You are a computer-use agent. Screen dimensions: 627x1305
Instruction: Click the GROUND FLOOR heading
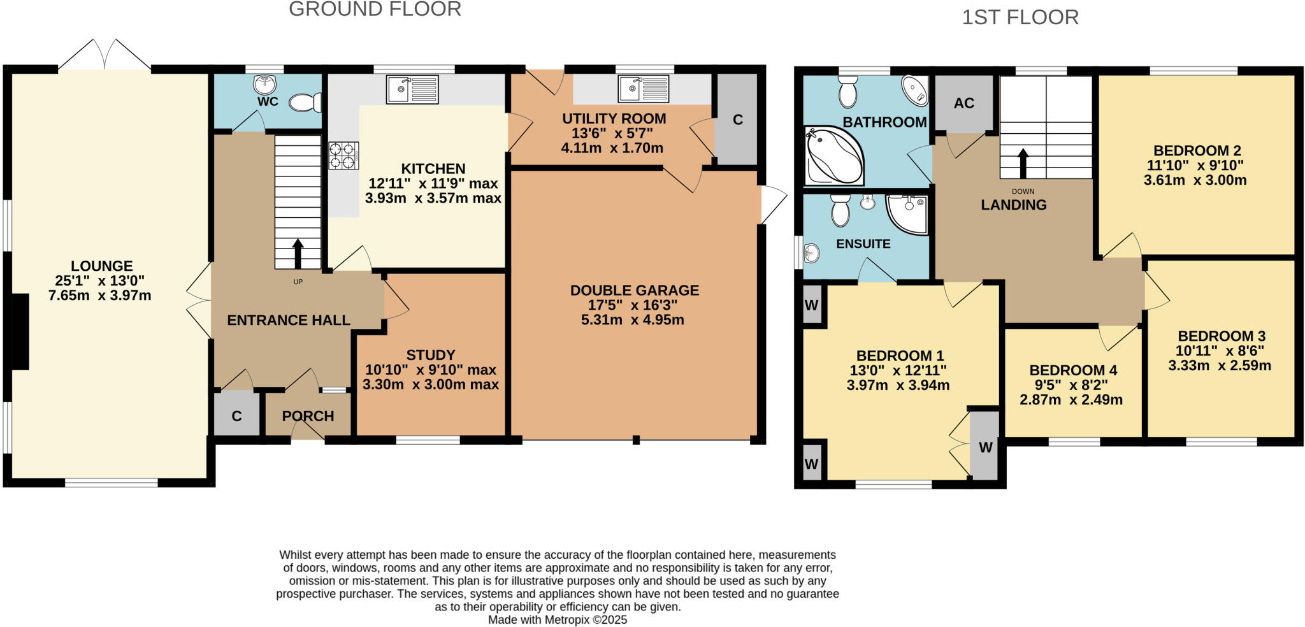(375, 10)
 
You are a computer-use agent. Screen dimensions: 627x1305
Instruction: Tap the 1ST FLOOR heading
(1020, 17)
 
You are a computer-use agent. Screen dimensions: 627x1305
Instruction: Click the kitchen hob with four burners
(342, 155)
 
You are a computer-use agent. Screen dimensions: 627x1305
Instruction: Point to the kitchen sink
(412, 89)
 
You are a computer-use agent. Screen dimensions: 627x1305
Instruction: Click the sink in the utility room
(643, 89)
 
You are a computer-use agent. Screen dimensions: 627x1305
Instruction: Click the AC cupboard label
(963, 103)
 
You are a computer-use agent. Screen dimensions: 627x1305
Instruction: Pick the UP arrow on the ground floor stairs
(298, 254)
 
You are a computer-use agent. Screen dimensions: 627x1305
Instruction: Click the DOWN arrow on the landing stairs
(1023, 163)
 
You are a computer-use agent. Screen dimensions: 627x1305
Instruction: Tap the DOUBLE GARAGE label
(634, 291)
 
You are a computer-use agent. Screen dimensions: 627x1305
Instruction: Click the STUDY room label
(431, 355)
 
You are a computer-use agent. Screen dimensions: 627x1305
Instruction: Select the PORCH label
(308, 416)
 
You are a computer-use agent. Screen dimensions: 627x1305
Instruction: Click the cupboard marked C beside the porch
(236, 416)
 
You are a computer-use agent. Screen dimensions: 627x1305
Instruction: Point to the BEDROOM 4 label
(1073, 370)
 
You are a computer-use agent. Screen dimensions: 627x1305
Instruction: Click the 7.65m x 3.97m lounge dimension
(99, 296)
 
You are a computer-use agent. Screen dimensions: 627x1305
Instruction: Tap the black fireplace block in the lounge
(20, 331)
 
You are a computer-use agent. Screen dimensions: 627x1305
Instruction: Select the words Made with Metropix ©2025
(557, 620)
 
